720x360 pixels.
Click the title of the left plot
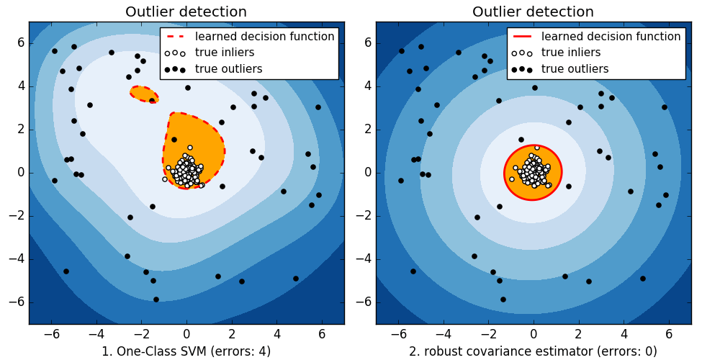coord(186,12)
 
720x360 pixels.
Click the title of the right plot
coord(533,12)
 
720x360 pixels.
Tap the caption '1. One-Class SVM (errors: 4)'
coord(186,351)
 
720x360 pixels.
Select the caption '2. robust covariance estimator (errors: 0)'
coord(533,351)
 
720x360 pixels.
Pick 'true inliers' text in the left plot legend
coord(225,53)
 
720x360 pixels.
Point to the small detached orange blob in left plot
coord(144,94)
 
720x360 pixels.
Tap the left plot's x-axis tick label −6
coord(51,334)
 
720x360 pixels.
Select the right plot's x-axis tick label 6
coord(669,334)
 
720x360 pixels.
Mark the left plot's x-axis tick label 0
coord(186,334)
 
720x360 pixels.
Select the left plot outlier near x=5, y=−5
coord(296,279)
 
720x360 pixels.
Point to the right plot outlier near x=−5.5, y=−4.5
coord(413,271)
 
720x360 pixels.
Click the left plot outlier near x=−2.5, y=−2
coord(130,217)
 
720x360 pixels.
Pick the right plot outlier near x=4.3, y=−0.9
coord(631,192)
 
